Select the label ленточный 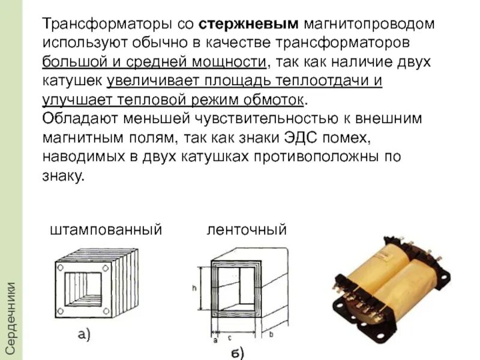[x=247, y=230]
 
